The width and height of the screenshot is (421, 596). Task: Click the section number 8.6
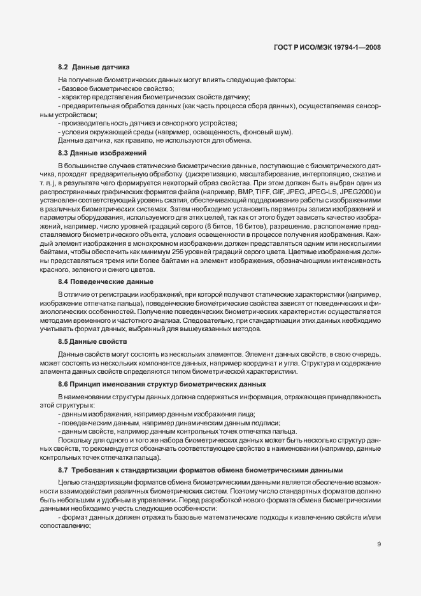pyautogui.click(x=64, y=384)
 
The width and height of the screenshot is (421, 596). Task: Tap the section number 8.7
pyautogui.click(x=64, y=470)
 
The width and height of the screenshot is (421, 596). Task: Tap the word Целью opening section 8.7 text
pyautogui.click(x=68, y=483)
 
